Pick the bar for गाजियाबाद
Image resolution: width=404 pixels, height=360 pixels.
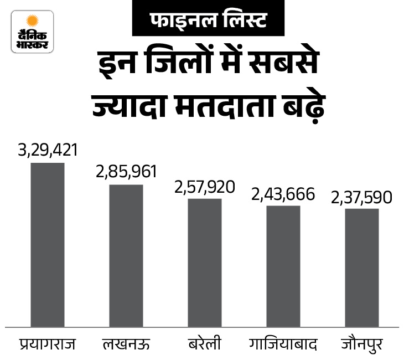pos(283,266)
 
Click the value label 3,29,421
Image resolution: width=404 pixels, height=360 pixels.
pos(48,150)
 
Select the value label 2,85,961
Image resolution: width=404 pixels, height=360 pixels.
pos(127,171)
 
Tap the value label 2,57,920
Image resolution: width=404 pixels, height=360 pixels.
pos(205,186)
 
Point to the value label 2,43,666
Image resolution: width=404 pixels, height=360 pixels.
pos(283,194)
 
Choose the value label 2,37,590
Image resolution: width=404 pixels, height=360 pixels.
pos(361,197)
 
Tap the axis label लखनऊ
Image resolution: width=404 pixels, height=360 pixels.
pos(127,344)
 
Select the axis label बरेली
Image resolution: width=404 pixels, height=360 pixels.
pos(205,344)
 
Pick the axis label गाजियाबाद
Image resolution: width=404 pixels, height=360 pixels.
pos(283,344)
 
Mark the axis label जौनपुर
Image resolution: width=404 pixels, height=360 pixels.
pos(361,344)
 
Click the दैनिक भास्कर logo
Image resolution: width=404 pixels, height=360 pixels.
pos(33,32)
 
